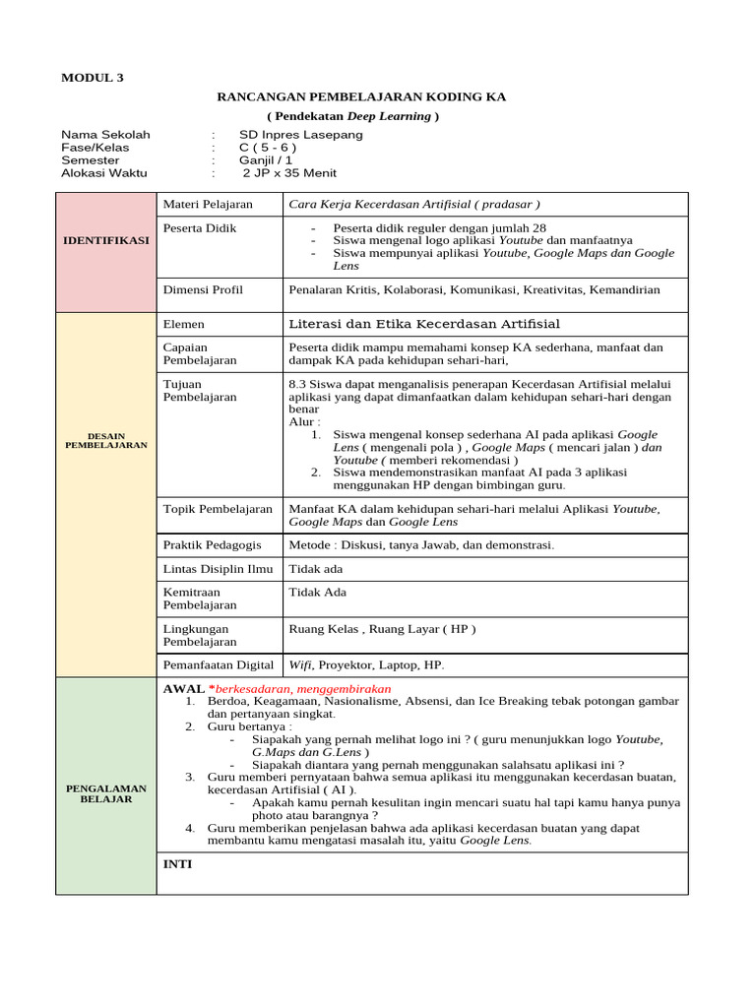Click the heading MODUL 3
click(93, 78)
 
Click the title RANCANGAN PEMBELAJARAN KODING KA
click(360, 97)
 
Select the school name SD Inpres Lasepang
click(301, 135)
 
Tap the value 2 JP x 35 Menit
click(289, 173)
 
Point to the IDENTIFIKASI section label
click(106, 240)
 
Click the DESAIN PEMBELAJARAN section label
click(106, 440)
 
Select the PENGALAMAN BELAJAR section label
click(106, 793)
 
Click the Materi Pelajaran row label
click(208, 205)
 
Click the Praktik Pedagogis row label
click(212, 544)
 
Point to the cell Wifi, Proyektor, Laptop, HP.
click(366, 664)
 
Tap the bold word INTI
click(177, 864)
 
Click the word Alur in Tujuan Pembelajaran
click(303, 421)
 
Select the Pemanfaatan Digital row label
click(218, 664)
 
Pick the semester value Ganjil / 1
click(266, 160)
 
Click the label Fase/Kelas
click(95, 148)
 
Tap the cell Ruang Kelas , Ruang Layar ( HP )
click(382, 628)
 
